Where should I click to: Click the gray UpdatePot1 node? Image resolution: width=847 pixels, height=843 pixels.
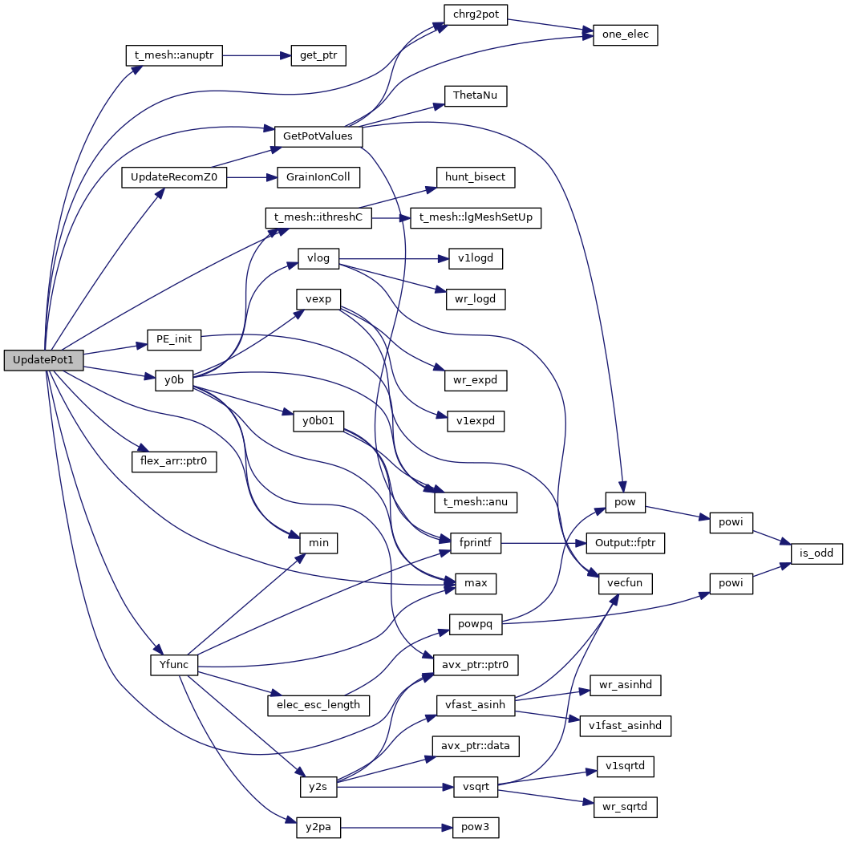point(43,360)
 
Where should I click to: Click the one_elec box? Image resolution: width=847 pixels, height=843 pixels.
point(625,36)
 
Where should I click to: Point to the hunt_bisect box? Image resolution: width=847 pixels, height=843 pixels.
point(476,176)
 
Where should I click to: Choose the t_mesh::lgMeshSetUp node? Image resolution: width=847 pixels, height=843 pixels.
point(476,217)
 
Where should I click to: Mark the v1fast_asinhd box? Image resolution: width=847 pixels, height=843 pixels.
point(625,726)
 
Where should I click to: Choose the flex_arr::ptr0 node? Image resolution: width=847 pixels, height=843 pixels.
point(174,461)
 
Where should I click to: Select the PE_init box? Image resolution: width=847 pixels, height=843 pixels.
point(173,339)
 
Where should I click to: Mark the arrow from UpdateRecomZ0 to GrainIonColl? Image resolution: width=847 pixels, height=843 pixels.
point(251,177)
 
